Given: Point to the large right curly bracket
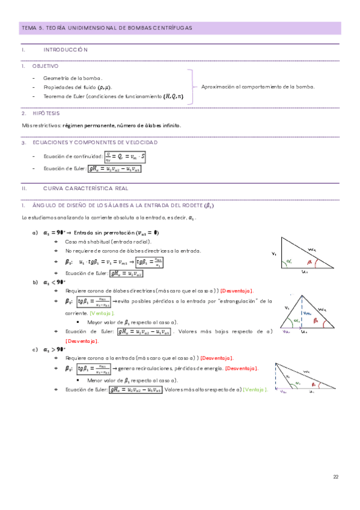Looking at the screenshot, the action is pos(192,87).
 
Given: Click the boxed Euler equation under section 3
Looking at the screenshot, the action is pos(114,169).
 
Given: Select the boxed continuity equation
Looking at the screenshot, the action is pos(129,157).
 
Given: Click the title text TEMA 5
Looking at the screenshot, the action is pos(34,28).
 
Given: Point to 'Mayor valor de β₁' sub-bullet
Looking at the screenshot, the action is pos(129,322).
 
